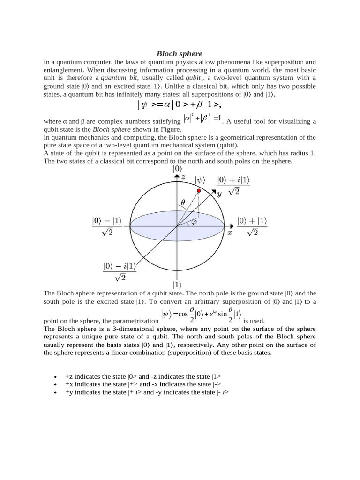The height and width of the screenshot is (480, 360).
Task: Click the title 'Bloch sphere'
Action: [x=180, y=53]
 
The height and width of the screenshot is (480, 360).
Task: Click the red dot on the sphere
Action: [x=199, y=192]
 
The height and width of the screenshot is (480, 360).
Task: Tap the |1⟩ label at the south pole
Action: [x=177, y=284]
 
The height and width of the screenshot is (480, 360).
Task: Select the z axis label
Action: [x=184, y=177]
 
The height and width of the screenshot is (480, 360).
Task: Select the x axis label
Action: [x=230, y=232]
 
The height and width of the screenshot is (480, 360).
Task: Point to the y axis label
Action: [x=219, y=194]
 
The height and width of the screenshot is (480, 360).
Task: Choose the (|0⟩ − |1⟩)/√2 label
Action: [x=107, y=226]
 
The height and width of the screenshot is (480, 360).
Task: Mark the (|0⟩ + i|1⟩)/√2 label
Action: [x=233, y=186]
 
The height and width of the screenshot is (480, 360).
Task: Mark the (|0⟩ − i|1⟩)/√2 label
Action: [x=120, y=271]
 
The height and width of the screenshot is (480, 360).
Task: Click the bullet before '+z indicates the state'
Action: [x=56, y=377]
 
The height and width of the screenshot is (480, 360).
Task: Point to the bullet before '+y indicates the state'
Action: [x=56, y=393]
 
